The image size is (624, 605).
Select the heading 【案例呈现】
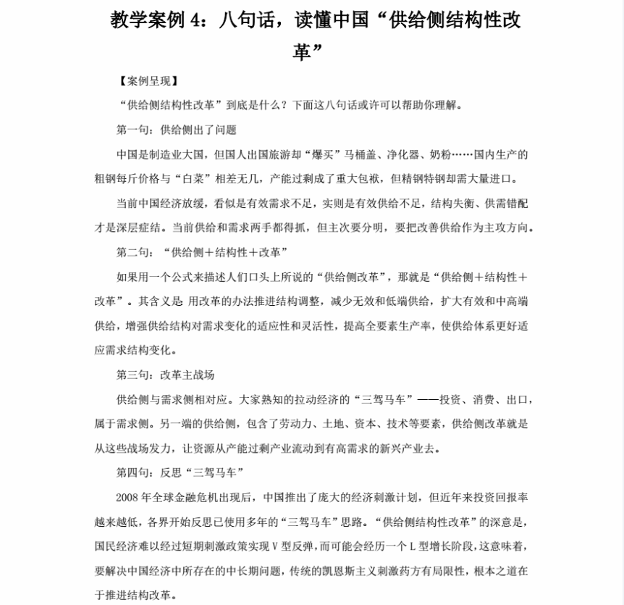tap(146, 81)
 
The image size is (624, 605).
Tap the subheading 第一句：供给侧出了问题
tap(177, 130)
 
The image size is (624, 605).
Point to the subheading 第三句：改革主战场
tap(166, 375)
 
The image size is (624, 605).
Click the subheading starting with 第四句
tap(180, 472)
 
